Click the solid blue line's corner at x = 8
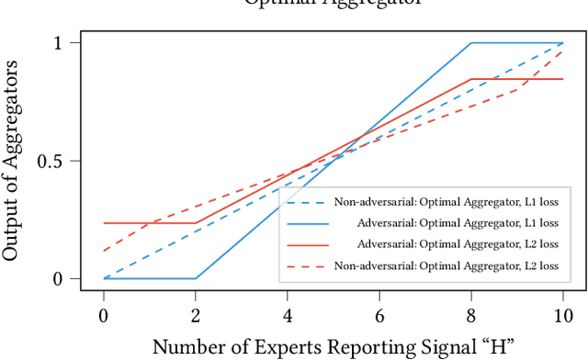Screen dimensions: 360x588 pos(471,43)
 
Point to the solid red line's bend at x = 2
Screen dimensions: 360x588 pos(196,223)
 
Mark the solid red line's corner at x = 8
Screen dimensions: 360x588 pos(471,79)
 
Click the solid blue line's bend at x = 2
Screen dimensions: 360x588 pos(196,278)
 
